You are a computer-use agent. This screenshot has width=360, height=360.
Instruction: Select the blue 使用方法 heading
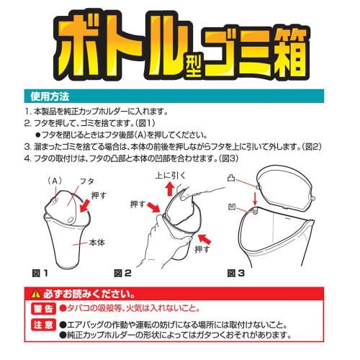(x=47, y=94)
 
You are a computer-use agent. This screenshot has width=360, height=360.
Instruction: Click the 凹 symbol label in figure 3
(x=233, y=208)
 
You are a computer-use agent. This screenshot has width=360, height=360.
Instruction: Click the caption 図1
(x=40, y=273)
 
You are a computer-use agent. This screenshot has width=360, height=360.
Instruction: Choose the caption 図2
(x=122, y=273)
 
